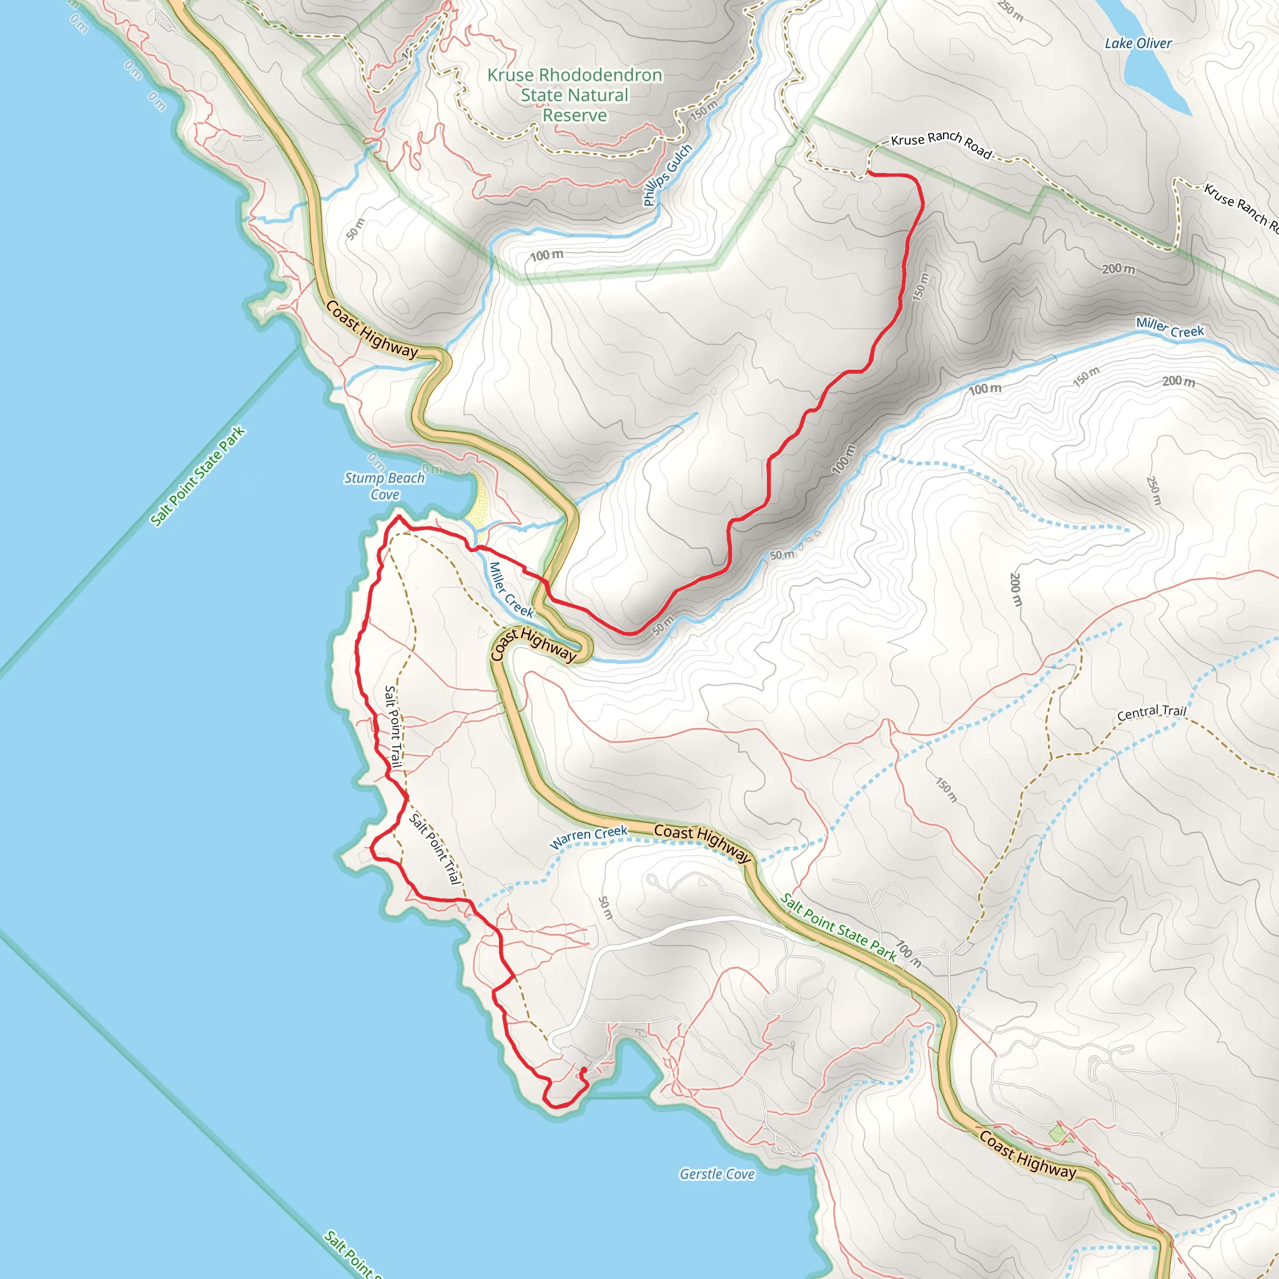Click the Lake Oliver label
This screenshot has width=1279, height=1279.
pos(1138,44)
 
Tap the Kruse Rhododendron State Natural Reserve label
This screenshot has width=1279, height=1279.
pos(575,96)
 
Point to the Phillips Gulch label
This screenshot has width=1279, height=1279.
pos(668,175)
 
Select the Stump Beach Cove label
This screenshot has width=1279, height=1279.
pos(385,486)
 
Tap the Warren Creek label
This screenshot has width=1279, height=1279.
pos(588,837)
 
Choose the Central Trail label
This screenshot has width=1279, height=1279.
pos(1151,713)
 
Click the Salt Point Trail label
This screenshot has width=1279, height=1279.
pos(393,726)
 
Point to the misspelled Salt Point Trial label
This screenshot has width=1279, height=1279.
pos(434,849)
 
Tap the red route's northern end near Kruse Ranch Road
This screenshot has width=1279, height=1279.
pos(869,174)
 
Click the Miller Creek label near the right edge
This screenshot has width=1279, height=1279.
pos(1170,328)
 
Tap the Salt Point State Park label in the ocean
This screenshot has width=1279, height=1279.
pos(197,477)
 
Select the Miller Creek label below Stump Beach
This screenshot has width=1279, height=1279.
pos(510,590)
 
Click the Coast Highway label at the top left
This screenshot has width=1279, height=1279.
pos(372,330)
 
